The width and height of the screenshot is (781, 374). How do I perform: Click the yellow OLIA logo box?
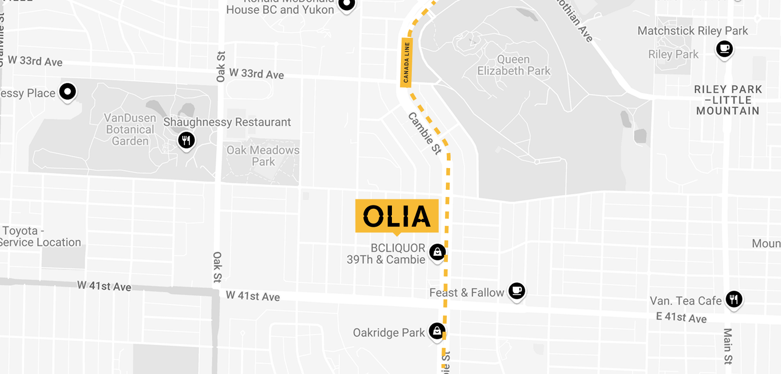click(x=397, y=216)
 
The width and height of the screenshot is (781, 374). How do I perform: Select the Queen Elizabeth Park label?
click(x=514, y=65)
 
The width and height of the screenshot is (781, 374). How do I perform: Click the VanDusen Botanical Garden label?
click(x=130, y=129)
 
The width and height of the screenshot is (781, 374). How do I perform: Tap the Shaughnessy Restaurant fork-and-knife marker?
click(x=186, y=140)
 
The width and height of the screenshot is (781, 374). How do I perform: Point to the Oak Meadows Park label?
click(x=263, y=156)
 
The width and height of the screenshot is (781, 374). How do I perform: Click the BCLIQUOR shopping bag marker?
click(x=437, y=252)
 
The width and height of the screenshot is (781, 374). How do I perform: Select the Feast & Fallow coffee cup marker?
click(x=516, y=290)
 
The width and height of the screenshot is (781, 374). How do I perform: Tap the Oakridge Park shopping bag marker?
click(x=437, y=330)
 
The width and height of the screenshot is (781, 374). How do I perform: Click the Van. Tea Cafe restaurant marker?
click(x=734, y=299)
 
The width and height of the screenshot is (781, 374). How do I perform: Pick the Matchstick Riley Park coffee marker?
click(x=724, y=48)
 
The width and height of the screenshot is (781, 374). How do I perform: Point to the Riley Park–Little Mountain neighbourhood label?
click(x=728, y=100)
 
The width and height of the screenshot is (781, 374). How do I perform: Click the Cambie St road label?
click(x=425, y=134)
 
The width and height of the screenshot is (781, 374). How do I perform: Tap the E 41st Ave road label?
click(x=681, y=317)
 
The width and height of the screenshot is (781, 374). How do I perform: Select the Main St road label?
click(x=728, y=346)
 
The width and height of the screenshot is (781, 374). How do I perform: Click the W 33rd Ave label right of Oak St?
click(x=257, y=74)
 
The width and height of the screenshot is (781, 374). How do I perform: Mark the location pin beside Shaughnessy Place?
click(x=68, y=91)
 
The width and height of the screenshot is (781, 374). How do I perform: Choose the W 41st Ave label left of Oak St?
click(x=104, y=286)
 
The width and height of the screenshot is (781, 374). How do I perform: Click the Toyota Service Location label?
click(x=41, y=237)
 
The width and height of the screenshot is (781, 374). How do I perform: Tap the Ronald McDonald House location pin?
click(x=347, y=5)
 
